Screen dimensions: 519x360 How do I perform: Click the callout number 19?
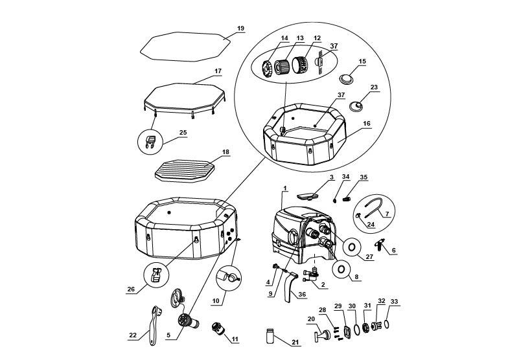(240, 28)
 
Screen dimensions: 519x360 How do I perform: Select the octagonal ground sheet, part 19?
(185, 47)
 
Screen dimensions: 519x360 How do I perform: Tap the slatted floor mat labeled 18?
(185, 171)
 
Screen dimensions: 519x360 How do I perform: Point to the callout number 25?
(183, 132)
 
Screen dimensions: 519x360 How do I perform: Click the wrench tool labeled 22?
(154, 325)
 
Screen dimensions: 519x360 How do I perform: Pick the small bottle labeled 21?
(270, 335)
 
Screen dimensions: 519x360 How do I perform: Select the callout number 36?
(302, 295)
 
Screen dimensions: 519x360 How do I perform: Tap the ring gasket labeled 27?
(352, 247)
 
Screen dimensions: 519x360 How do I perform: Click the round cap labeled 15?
(347, 79)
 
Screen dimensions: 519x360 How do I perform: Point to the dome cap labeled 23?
(356, 106)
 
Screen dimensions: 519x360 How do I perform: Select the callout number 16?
(367, 124)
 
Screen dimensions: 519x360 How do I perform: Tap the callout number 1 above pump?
(285, 188)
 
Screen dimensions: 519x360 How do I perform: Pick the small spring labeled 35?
(347, 199)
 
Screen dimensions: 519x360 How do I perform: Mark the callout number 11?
(235, 339)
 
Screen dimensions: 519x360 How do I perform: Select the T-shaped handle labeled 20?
(321, 335)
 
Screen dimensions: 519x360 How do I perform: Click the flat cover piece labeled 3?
(307, 197)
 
